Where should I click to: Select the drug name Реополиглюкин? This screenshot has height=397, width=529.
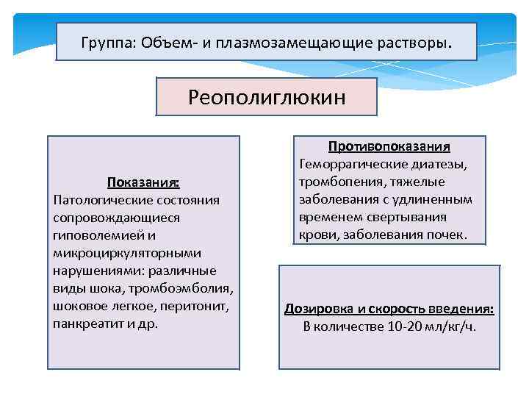click(267, 97)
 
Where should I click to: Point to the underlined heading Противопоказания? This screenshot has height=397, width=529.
click(389, 146)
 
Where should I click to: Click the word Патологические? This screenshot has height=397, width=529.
click(95, 200)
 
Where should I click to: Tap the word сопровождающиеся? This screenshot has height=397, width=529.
click(107, 218)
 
